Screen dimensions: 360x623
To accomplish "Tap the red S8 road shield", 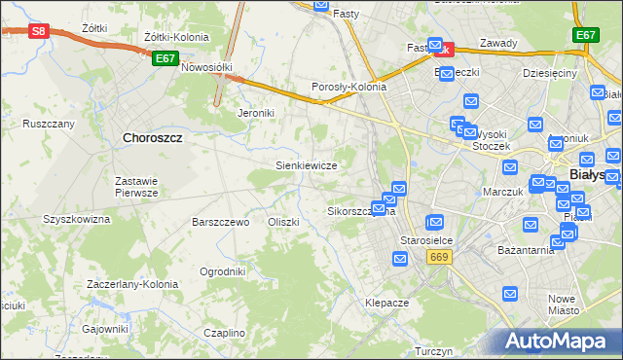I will [x=38, y=31].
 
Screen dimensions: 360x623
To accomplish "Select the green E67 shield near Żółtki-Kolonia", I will [x=165, y=58].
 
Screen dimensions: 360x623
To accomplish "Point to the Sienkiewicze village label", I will [x=307, y=165].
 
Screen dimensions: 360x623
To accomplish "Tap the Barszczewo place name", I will [x=222, y=222].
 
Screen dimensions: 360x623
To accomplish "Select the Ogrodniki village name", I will [x=222, y=271].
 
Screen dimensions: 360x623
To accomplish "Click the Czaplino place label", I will [x=225, y=333].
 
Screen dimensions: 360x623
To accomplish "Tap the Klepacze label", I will [x=386, y=303].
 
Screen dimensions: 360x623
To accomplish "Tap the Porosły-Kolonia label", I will [x=348, y=87].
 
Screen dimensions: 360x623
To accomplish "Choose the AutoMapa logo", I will [x=554, y=342].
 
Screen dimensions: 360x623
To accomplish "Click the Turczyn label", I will [x=430, y=351].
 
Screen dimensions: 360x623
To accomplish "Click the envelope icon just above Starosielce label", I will [x=435, y=222].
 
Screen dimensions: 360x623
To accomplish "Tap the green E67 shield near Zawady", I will [x=585, y=35].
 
